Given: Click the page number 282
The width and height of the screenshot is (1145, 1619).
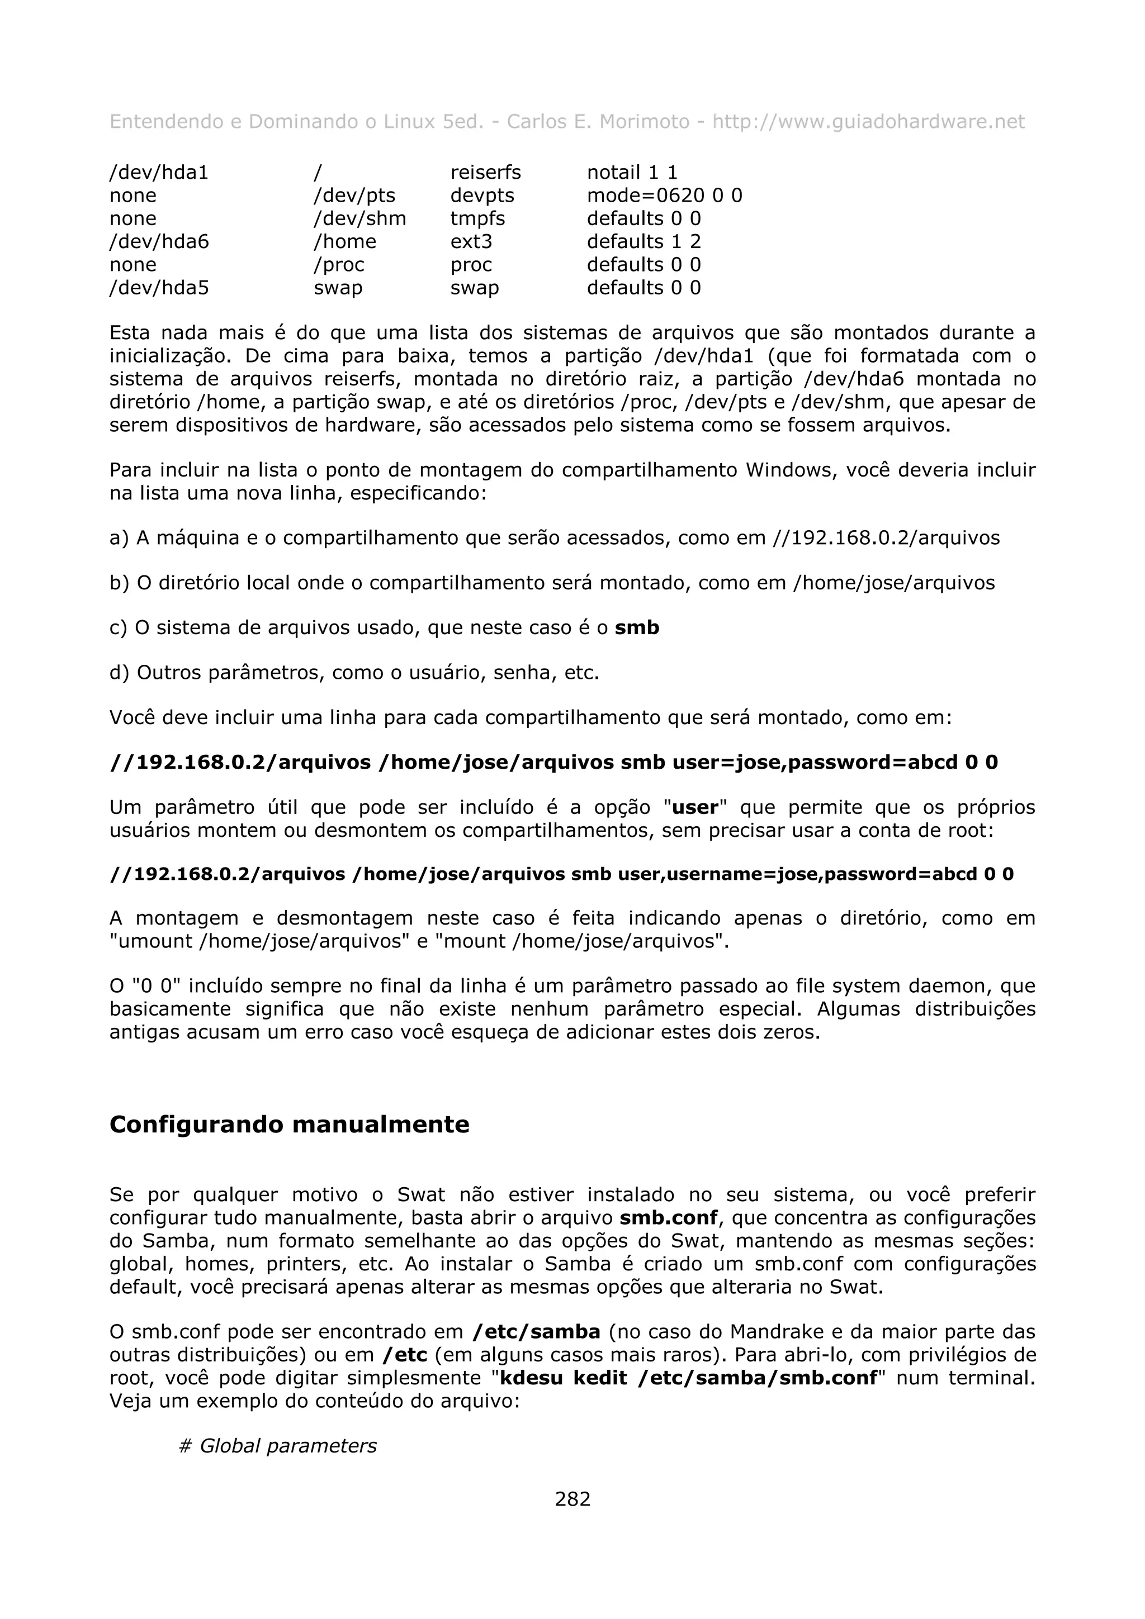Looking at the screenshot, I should tap(572, 1498).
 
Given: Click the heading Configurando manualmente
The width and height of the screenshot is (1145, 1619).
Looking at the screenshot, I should tap(289, 1124).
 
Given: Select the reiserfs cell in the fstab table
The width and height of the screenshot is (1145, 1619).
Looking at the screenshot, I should tap(485, 173).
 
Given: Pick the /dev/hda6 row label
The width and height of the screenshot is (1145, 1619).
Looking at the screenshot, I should tap(159, 242).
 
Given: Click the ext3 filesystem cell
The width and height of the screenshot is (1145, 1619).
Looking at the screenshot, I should tap(471, 242).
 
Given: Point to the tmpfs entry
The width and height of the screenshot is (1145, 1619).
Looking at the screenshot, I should tap(477, 218).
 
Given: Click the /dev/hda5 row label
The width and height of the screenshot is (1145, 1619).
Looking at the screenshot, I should tap(159, 288).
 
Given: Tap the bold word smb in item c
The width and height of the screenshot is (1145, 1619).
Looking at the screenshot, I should tap(636, 627).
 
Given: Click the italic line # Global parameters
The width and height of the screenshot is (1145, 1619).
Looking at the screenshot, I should tap(278, 1446).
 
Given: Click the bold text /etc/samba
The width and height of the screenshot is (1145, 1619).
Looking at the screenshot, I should tap(536, 1332).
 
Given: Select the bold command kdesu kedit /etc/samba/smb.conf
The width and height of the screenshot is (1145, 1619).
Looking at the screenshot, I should tap(688, 1378).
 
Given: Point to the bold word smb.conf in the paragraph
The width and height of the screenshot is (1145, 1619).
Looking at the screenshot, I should tap(668, 1218).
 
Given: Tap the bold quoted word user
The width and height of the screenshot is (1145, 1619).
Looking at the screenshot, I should tap(695, 807).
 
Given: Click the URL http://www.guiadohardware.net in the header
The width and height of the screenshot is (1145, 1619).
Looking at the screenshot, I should tap(868, 122).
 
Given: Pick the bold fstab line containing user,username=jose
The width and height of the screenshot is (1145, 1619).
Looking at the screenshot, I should tap(561, 874).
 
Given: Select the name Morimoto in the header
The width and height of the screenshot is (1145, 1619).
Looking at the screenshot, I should tap(644, 122).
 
